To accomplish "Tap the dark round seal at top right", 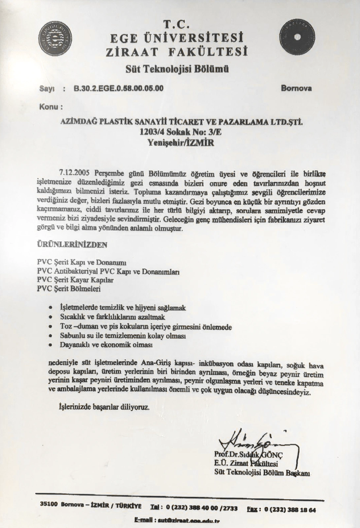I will point(297,36).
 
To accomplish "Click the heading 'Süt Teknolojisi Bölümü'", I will point(177,69).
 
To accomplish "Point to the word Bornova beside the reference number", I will point(296,88).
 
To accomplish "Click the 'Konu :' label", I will point(50,107).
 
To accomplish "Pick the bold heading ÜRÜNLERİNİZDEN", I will point(72,245).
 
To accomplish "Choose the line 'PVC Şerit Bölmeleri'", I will point(69,289).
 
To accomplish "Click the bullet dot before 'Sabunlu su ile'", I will point(50,336).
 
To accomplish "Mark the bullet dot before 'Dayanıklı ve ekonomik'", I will point(50,345).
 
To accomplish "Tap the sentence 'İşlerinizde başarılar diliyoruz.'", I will point(104,407).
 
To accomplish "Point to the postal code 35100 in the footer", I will point(48,504).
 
